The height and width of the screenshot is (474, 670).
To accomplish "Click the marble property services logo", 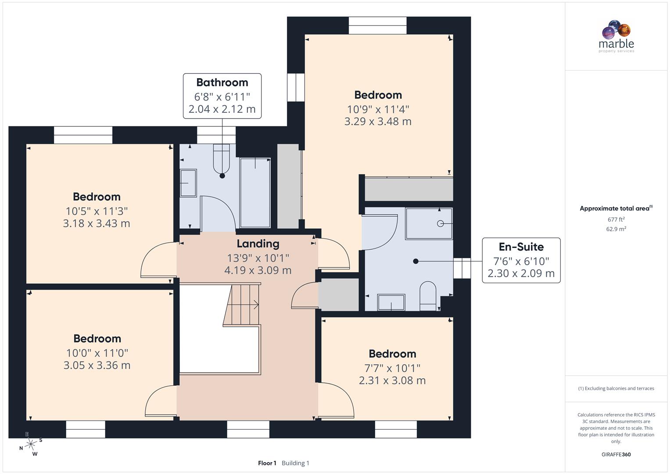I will tap(616, 36).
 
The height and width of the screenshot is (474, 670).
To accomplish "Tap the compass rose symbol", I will tap(30, 444).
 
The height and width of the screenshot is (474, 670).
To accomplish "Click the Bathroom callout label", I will tap(222, 96).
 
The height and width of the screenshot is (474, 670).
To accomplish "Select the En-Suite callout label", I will tap(521, 260).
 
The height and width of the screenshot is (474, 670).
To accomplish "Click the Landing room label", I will tap(258, 244).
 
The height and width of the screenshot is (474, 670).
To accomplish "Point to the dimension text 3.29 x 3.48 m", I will tap(378, 122).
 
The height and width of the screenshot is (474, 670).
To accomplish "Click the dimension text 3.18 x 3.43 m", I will tap(97, 223).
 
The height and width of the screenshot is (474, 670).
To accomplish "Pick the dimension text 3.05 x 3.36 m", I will tap(97, 365).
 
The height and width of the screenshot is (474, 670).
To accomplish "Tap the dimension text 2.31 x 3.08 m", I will tap(392, 381).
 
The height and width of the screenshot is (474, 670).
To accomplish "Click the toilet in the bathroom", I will tap(222, 159).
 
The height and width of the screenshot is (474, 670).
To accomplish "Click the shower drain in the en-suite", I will tap(441, 223).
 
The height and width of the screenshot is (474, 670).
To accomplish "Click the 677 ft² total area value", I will tap(616, 219).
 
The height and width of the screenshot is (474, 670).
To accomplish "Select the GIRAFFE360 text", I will tap(616, 454).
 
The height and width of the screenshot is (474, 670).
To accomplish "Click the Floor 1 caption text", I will tap(267, 463).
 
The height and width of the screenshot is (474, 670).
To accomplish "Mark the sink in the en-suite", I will tap(391, 302).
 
